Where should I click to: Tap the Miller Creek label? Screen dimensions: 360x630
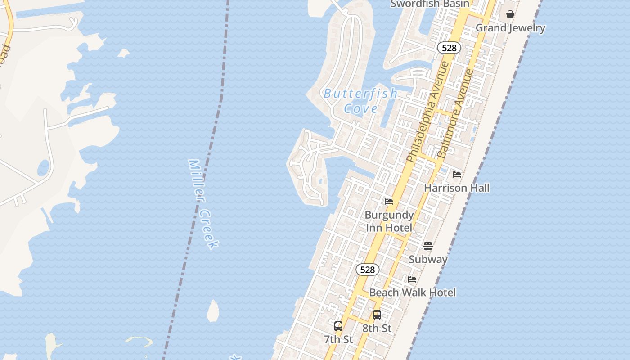(203, 204)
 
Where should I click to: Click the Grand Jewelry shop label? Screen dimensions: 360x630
(510, 28)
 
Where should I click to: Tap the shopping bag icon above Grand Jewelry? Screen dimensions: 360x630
(510, 15)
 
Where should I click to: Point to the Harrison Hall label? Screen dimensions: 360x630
(457, 188)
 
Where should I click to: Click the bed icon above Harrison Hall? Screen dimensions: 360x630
(457, 175)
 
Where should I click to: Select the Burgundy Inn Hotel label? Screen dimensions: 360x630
(389, 221)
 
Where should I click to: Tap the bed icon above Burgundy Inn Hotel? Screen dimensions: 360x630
(389, 202)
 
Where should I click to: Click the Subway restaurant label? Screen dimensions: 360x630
(428, 259)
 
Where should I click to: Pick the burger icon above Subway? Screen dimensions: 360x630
(428, 246)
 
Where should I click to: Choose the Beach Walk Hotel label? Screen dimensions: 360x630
(412, 292)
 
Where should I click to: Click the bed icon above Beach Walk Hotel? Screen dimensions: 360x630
(412, 279)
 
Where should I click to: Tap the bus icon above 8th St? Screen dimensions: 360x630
(377, 315)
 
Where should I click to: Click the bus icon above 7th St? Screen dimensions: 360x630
(338, 326)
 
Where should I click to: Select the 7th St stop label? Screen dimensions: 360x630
(338, 339)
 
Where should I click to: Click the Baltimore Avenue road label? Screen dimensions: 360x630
(456, 113)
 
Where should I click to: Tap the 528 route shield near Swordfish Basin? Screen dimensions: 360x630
(449, 48)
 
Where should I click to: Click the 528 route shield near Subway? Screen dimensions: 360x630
(368, 270)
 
